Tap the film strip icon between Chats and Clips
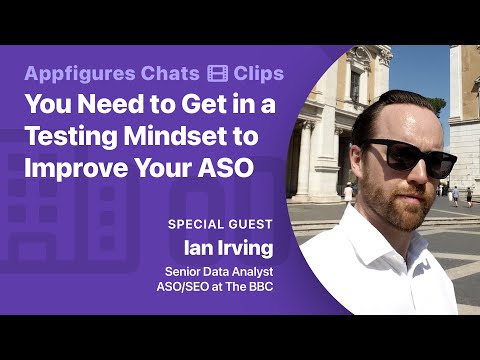click(218, 74)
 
